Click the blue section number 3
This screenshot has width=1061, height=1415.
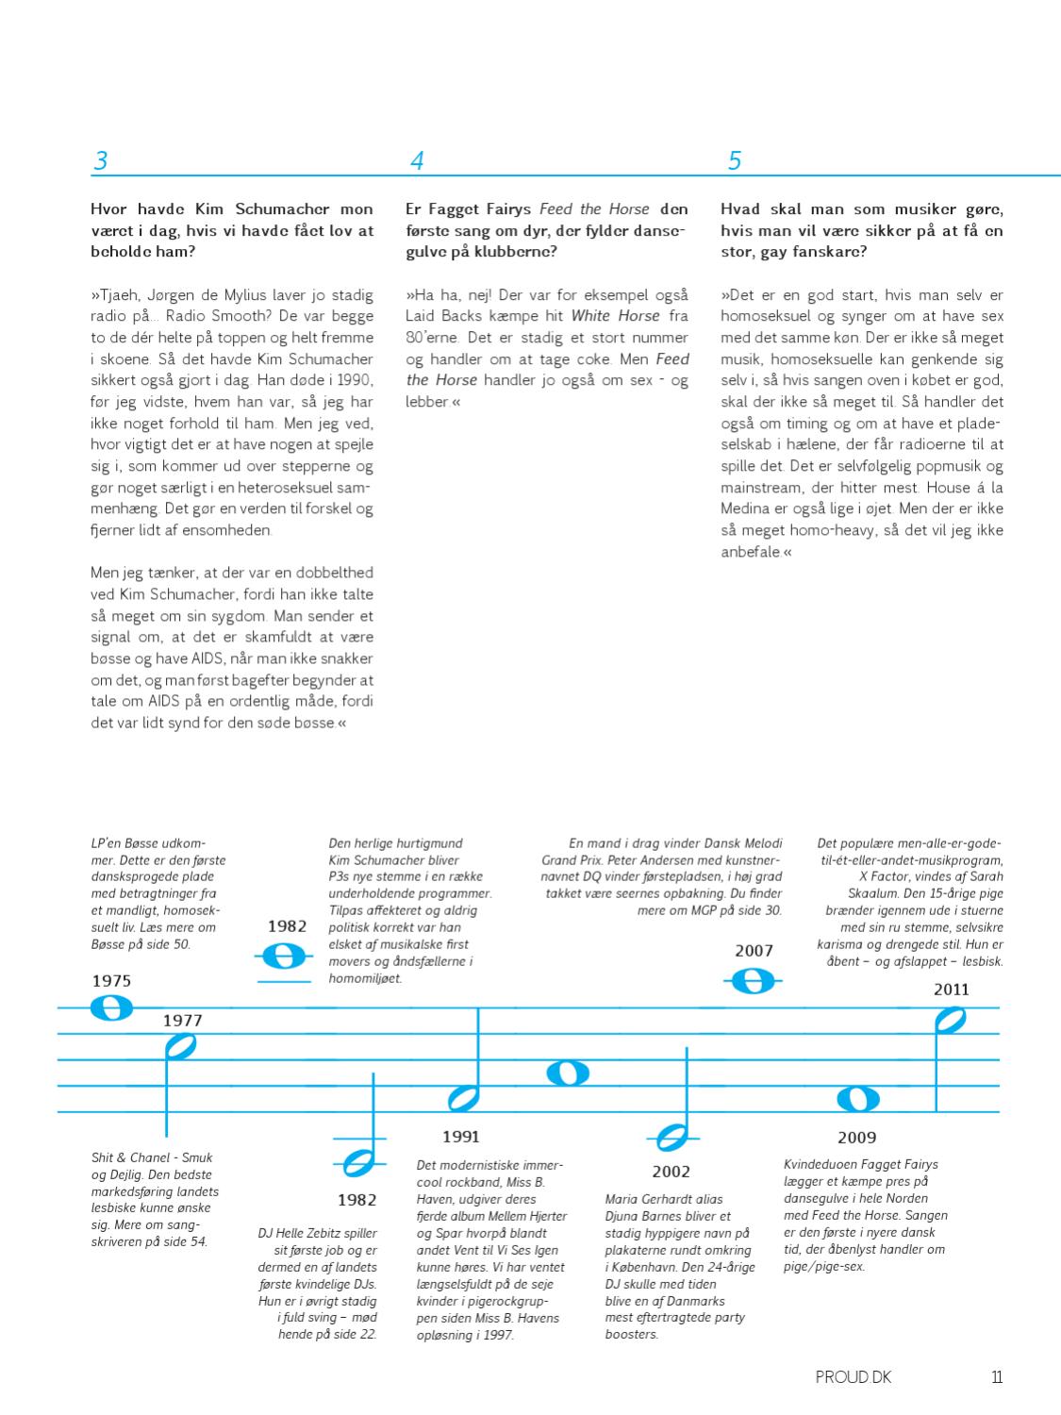click(x=100, y=160)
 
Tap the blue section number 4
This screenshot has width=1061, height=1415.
click(x=417, y=160)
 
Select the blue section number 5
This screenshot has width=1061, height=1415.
click(x=735, y=160)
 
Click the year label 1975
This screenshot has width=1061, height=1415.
click(x=111, y=981)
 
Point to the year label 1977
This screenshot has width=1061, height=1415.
click(x=182, y=1020)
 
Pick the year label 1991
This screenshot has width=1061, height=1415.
click(x=461, y=1137)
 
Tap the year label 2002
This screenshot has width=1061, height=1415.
click(x=671, y=1172)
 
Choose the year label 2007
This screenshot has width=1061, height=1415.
click(x=754, y=951)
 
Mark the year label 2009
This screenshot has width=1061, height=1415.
click(x=856, y=1138)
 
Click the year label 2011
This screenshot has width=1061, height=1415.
click(x=952, y=990)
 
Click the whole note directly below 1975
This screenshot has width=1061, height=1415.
click(x=111, y=1008)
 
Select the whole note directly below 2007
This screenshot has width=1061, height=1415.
click(x=753, y=982)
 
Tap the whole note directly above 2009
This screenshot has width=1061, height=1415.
click(x=858, y=1099)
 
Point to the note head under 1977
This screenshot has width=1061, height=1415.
click(x=179, y=1046)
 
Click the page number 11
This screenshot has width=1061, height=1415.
click(x=996, y=1377)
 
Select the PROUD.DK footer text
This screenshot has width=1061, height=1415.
click(x=853, y=1377)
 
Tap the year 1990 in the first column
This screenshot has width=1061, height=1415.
click(x=356, y=380)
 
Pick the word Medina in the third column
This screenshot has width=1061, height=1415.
click(x=748, y=508)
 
